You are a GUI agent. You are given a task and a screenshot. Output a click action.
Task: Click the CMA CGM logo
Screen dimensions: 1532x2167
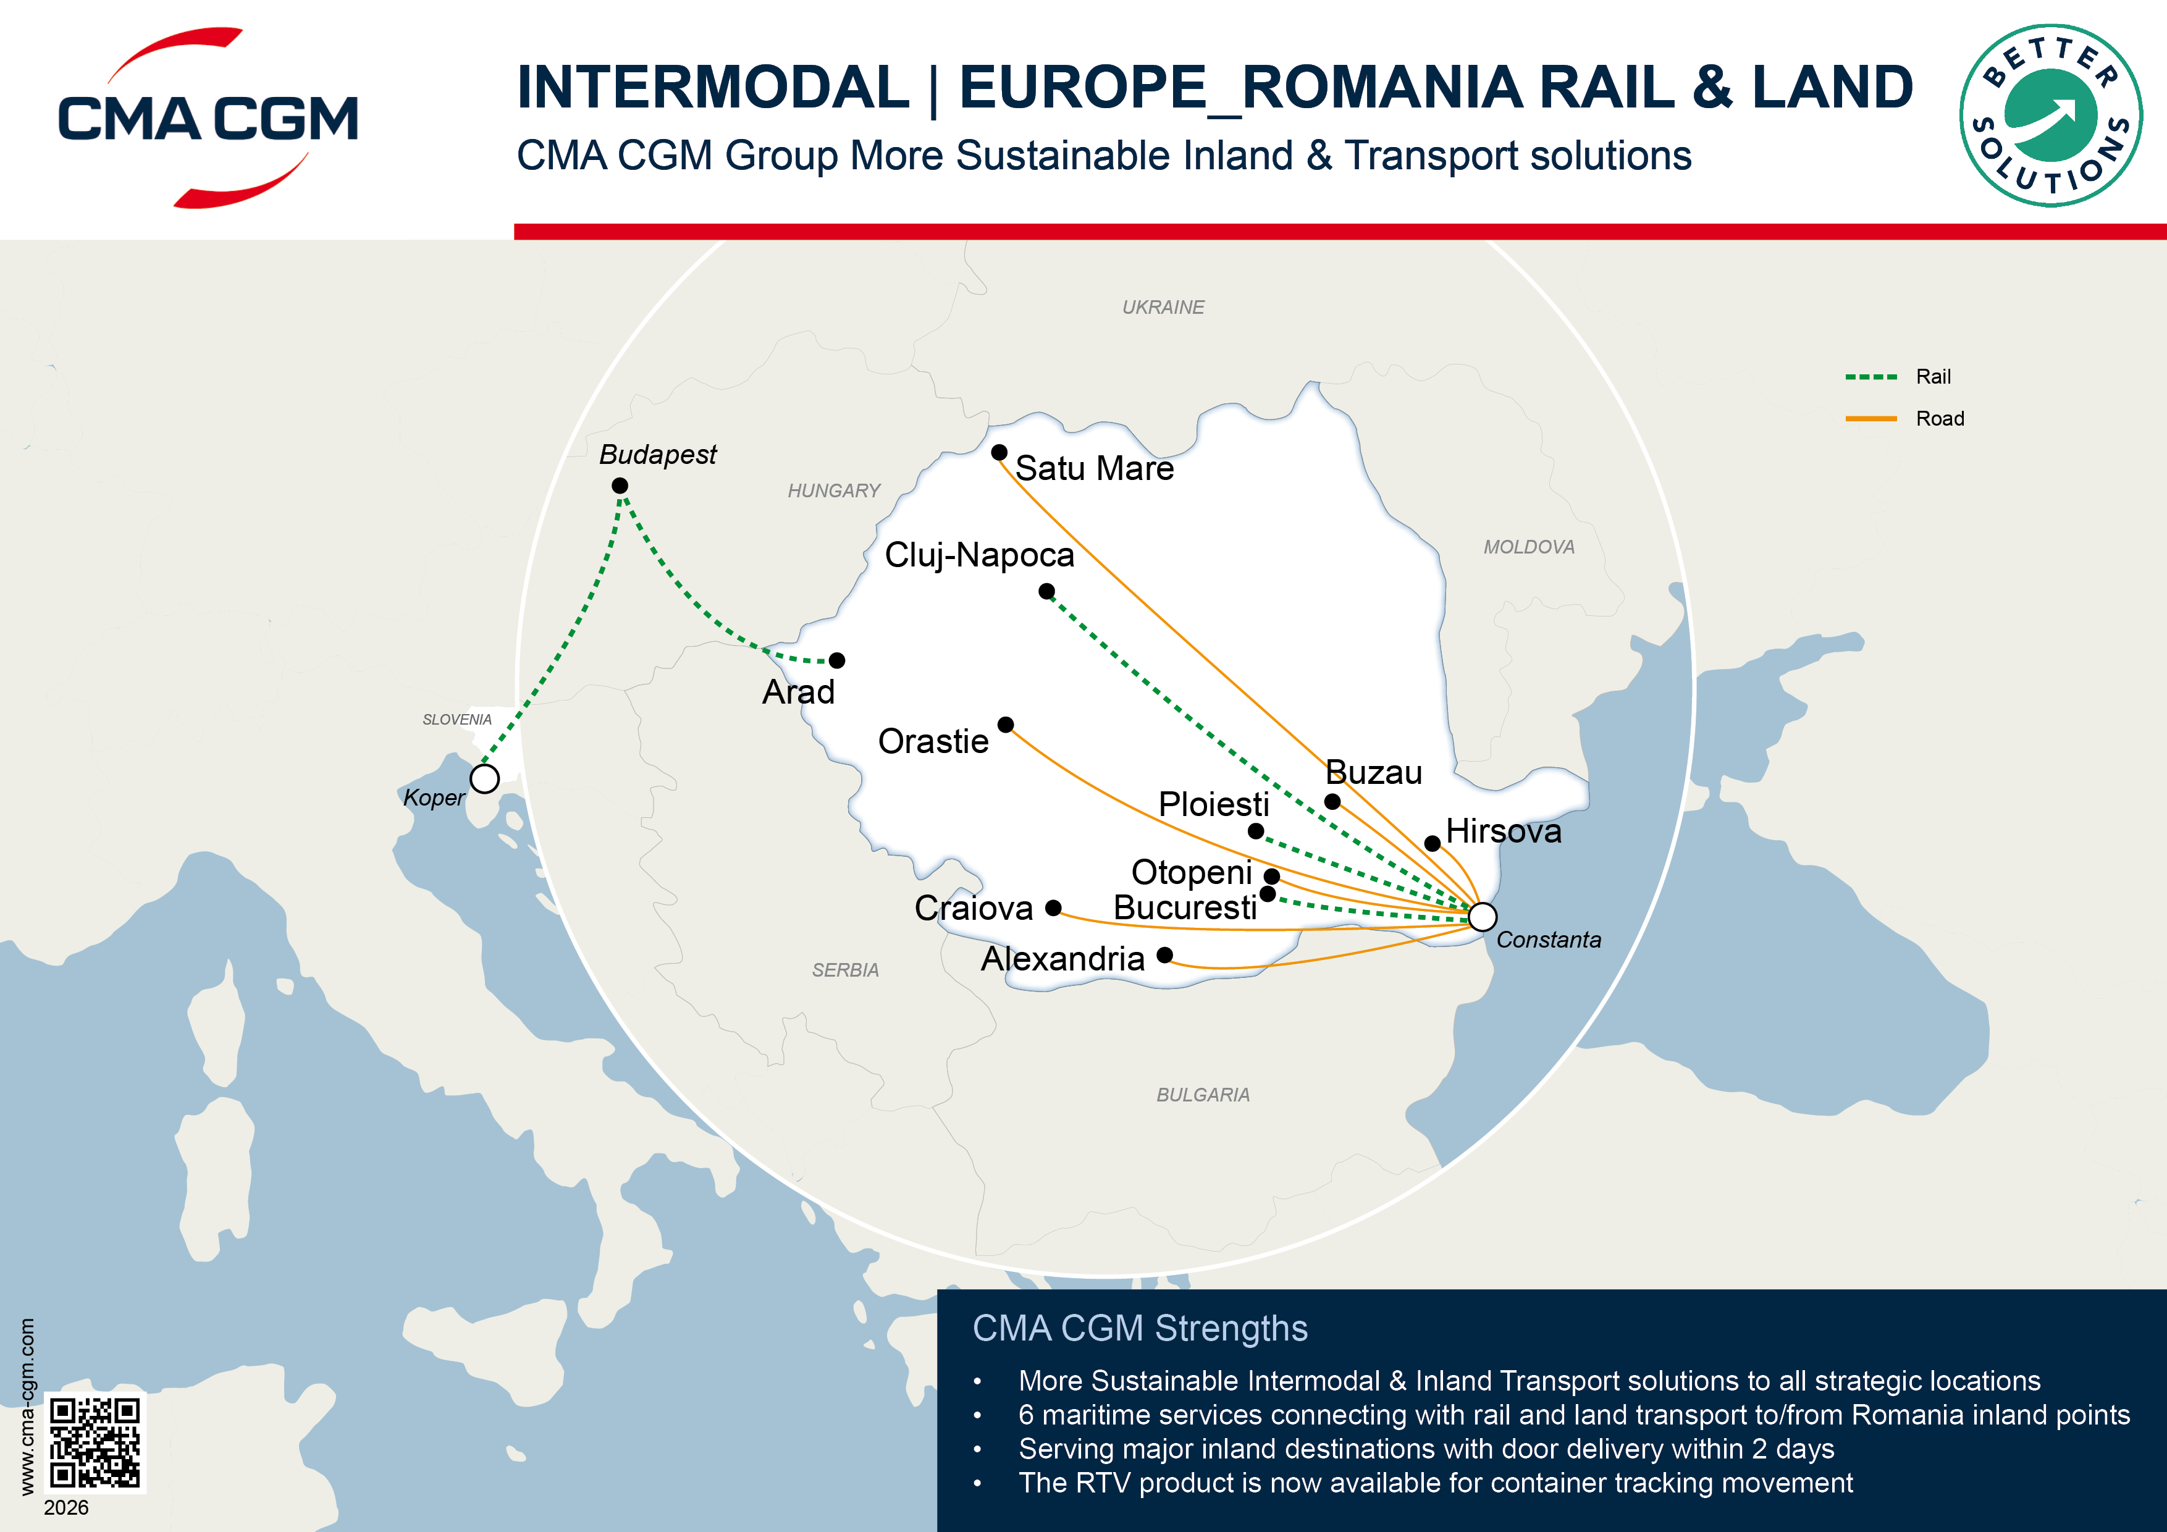pyautogui.click(x=208, y=118)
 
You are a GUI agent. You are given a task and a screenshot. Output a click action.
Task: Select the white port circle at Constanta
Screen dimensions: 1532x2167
pyautogui.click(x=1482, y=915)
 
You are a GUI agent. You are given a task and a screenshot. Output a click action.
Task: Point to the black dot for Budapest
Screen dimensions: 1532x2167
pyautogui.click(x=619, y=485)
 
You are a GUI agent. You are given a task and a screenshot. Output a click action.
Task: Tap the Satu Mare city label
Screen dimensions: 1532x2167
pyautogui.click(x=1094, y=468)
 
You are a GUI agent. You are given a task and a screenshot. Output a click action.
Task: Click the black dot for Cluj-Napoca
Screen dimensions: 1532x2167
pyautogui.click(x=1046, y=592)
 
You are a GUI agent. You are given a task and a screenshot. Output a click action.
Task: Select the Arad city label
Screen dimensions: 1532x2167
pyautogui.click(x=799, y=692)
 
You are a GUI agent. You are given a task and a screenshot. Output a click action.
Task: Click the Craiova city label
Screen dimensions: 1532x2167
pyautogui.click(x=973, y=908)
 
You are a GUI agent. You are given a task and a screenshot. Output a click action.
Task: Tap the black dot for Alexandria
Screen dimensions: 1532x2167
pyautogui.click(x=1164, y=955)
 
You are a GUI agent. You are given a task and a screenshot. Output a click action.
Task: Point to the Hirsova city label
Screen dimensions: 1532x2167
pyautogui.click(x=1504, y=831)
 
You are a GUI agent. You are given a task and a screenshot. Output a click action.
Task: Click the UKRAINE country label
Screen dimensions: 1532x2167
pyautogui.click(x=1163, y=308)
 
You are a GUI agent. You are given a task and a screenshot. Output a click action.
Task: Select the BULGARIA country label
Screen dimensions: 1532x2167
pyautogui.click(x=1203, y=1095)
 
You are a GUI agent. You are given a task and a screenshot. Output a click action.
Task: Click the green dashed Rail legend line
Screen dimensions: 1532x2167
pyautogui.click(x=1870, y=377)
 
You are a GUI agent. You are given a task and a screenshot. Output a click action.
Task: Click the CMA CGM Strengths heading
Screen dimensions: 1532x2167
pyautogui.click(x=1139, y=1328)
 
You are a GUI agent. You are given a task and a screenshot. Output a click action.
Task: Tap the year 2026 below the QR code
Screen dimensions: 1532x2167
pyautogui.click(x=66, y=1507)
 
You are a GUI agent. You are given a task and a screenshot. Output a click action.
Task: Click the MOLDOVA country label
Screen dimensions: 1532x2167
pyautogui.click(x=1528, y=547)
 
